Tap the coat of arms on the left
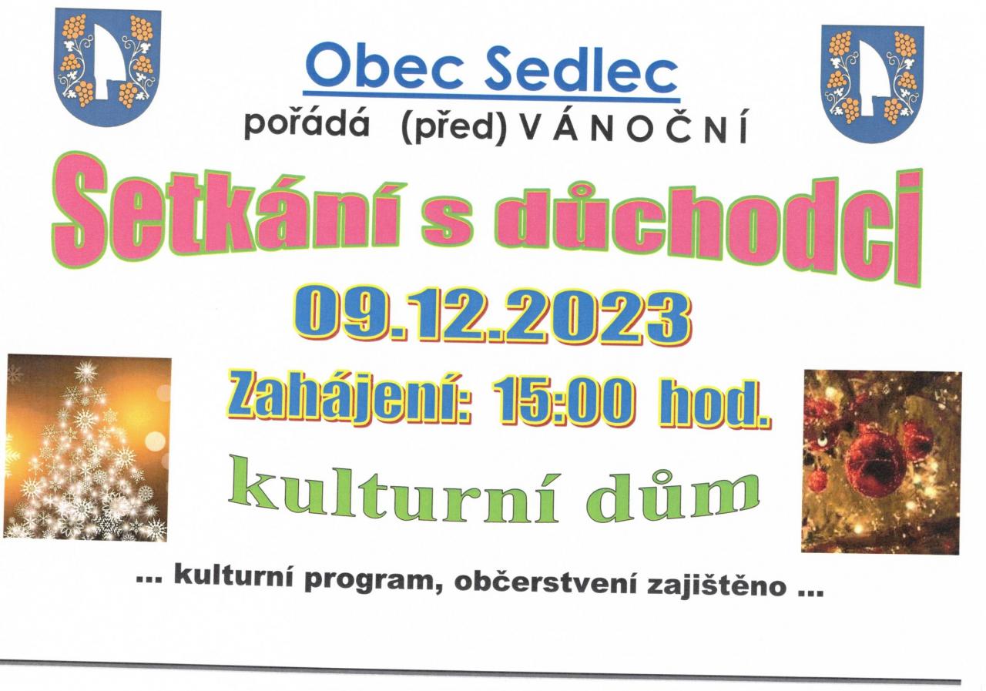108,67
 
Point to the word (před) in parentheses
455,128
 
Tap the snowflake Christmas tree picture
87,448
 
